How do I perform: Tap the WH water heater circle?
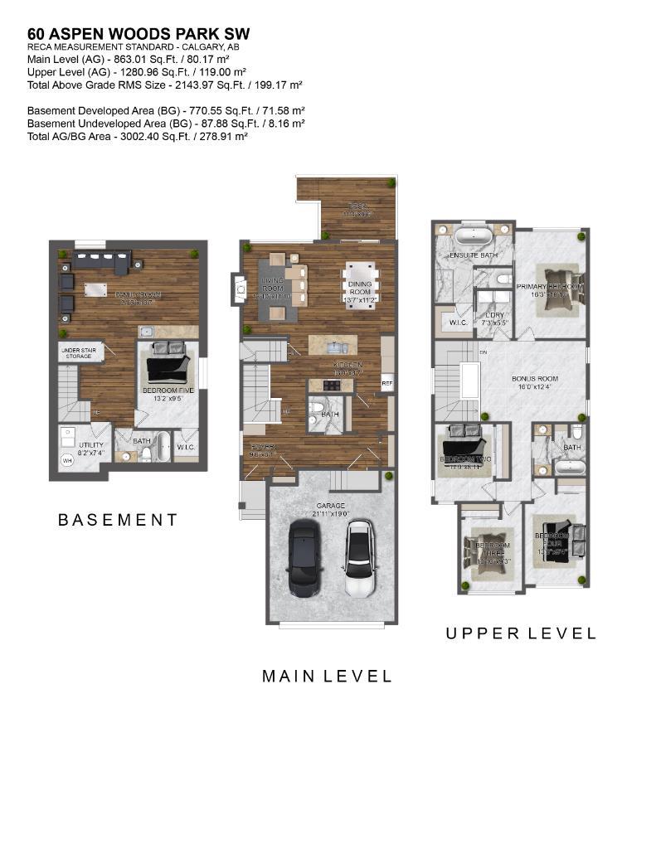(67, 461)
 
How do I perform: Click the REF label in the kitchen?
(386, 383)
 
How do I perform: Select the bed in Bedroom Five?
(168, 364)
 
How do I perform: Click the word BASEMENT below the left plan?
(118, 521)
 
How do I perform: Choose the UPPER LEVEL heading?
(521, 633)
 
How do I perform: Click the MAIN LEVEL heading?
(327, 677)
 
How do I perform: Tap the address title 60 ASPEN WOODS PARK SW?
(138, 33)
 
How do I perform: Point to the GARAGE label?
(329, 505)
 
